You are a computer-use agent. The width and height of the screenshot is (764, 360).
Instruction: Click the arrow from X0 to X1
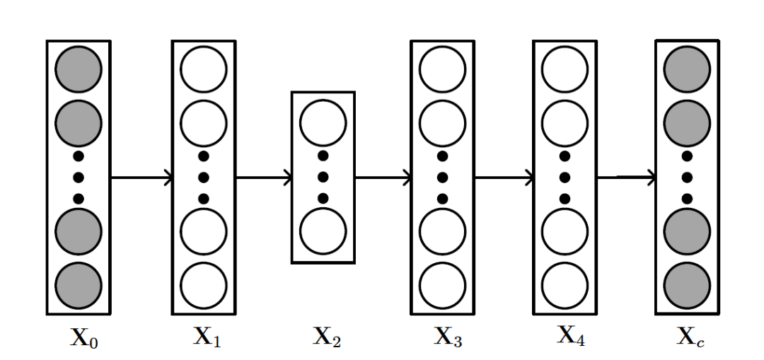pyautogui.click(x=141, y=178)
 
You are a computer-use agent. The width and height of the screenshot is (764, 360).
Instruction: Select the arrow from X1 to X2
pyautogui.click(x=263, y=178)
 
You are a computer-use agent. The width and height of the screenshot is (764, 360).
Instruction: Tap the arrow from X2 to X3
pyautogui.click(x=383, y=178)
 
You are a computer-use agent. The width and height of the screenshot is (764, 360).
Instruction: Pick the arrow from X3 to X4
pyautogui.click(x=504, y=178)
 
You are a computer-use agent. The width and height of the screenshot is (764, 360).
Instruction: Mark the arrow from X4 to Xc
pyautogui.click(x=626, y=178)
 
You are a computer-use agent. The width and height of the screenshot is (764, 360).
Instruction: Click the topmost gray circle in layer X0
pyautogui.click(x=79, y=69)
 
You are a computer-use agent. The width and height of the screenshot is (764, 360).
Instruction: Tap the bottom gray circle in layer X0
pyautogui.click(x=79, y=285)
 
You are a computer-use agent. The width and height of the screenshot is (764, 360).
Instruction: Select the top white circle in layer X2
pyautogui.click(x=323, y=122)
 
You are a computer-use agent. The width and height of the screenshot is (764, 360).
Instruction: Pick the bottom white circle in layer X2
pyautogui.click(x=323, y=231)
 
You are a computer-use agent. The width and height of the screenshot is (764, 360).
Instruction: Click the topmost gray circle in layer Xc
pyautogui.click(x=687, y=69)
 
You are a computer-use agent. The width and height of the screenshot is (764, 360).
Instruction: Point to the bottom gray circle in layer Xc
pyautogui.click(x=687, y=285)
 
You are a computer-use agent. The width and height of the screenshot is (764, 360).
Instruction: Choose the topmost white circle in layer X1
pyautogui.click(x=204, y=69)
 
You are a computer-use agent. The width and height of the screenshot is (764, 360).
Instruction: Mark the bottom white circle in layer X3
pyautogui.click(x=443, y=285)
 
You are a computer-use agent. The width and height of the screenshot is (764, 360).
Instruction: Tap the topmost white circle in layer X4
pyautogui.click(x=565, y=69)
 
